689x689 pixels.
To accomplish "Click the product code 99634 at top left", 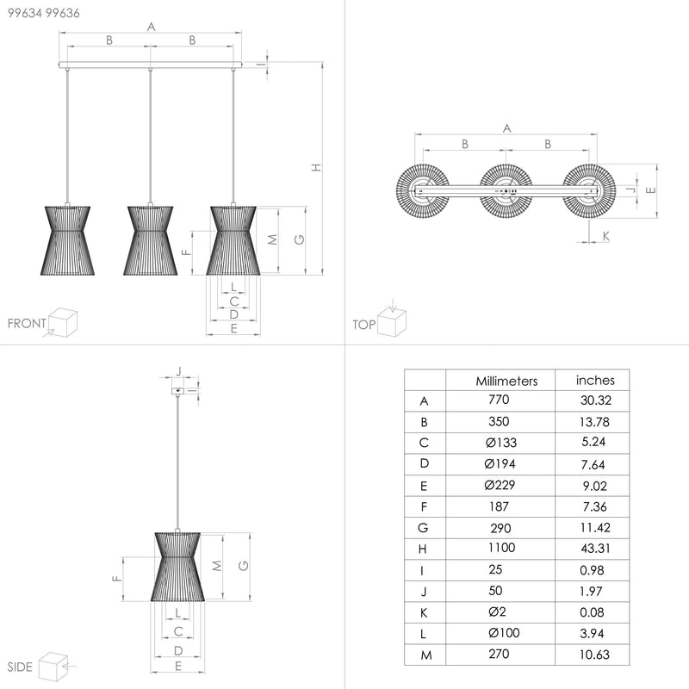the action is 25,13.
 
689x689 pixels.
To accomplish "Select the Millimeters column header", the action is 506,381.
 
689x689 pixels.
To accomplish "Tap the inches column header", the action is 595,380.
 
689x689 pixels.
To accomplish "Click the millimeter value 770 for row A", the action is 499,400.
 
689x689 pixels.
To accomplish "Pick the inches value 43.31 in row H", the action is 595,549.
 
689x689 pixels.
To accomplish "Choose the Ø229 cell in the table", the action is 500,485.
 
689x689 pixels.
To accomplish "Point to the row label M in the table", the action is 426,655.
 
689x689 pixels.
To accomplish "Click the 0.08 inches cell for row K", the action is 592,612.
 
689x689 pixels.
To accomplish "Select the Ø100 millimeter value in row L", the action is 504,633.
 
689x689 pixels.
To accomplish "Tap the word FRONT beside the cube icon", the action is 27,324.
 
